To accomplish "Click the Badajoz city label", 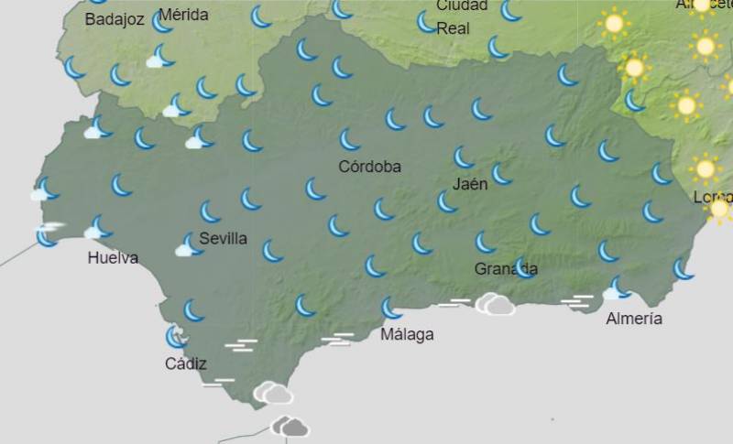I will pos(115,19).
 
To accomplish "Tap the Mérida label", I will pos(183,15).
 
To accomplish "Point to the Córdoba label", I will pos(369,167).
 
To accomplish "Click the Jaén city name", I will pos(469,183).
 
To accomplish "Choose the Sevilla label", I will pos(223,238).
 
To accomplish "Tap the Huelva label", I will pos(113,257).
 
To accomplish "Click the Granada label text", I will pos(506,269).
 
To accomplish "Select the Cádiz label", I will pos(186,363).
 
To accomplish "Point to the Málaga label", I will pos(407,334).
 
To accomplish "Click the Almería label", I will pos(634,319).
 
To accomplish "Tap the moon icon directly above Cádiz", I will pos(176,337).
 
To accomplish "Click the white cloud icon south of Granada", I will pos(495,304).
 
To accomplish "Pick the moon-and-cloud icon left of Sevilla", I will pos(189,244).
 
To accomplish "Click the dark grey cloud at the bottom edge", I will pos(290,427).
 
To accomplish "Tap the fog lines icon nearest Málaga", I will pos(338,340).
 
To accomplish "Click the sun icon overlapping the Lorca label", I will pos(719,208).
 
